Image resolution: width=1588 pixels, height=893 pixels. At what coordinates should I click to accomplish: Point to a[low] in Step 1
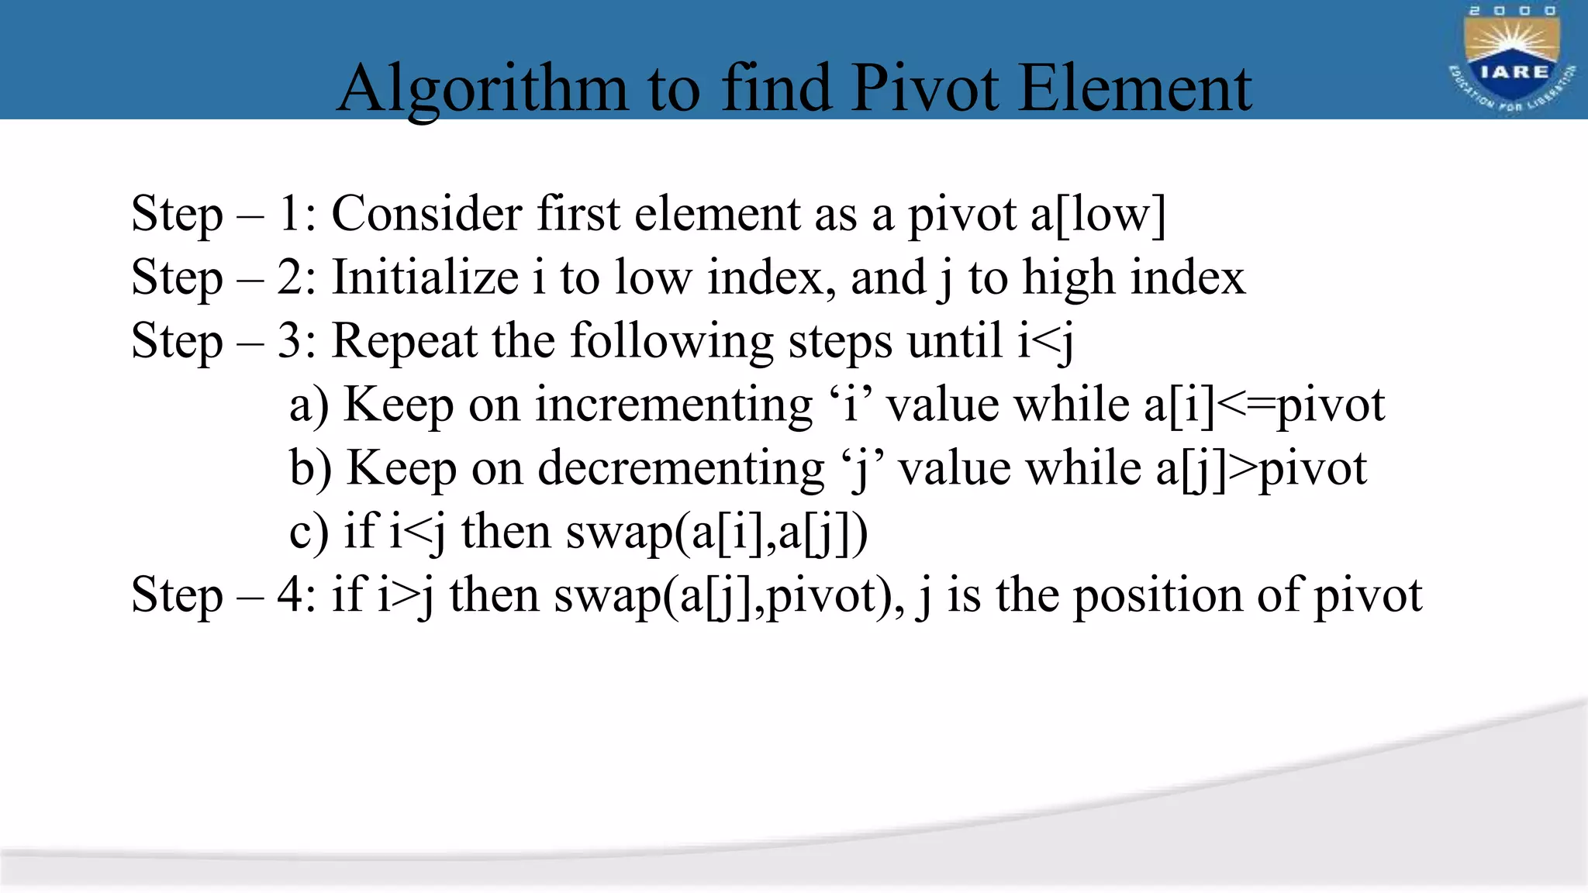coord(1098,214)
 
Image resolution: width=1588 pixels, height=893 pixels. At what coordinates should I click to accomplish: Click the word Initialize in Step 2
coord(426,278)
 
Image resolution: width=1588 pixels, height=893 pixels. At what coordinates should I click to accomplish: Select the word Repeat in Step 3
coord(405,341)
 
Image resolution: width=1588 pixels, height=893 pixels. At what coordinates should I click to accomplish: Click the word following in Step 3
coord(671,341)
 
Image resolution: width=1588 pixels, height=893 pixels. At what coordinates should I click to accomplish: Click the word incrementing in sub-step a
coord(673,405)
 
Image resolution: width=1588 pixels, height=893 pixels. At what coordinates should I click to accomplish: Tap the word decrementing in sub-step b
coord(681,469)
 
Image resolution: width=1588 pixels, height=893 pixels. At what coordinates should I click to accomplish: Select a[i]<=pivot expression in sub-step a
coord(1264,405)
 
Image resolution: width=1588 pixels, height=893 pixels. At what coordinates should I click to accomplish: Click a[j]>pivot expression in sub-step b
coord(1261,469)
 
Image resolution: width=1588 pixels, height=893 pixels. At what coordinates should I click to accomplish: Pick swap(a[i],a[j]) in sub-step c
coord(716,533)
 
